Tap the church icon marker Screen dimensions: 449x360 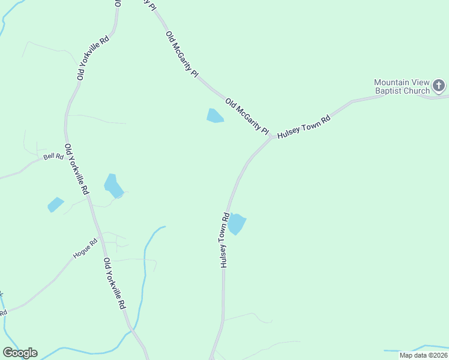point(439,86)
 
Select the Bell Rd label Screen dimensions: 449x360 point(53,157)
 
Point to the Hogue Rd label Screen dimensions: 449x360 point(85,249)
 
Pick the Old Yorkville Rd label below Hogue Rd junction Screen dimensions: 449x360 point(114,283)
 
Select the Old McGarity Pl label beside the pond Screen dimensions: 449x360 point(247,116)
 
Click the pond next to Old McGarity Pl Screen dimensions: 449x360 point(214,116)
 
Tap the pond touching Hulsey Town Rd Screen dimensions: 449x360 point(237,224)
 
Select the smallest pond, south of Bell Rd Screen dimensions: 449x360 point(55,205)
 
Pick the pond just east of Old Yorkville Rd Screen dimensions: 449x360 point(113,185)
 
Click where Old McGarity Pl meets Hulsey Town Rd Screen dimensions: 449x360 point(272,137)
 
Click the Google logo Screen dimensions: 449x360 point(20,353)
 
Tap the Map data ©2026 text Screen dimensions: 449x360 point(423,355)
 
